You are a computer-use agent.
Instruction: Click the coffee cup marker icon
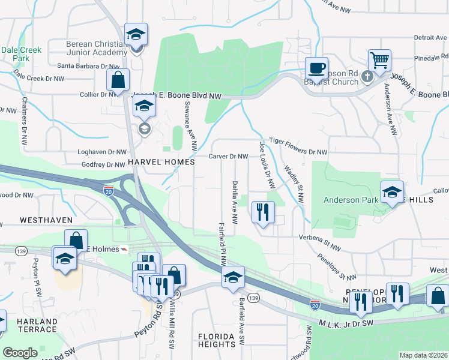point(316,67)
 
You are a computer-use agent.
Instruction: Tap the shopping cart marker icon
point(379,60)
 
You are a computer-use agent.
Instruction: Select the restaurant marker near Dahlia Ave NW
point(262,212)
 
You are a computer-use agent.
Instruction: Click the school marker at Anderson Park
point(391,192)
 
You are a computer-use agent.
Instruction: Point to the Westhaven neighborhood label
point(46,220)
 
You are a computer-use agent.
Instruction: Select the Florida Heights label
point(217,340)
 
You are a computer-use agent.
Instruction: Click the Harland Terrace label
point(37,325)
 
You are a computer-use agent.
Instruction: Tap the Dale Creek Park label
point(16,54)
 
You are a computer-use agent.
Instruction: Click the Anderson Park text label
point(349,200)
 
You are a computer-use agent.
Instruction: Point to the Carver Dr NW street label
point(228,157)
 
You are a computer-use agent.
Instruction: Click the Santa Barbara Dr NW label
point(89,66)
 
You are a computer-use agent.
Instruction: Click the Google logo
point(20,353)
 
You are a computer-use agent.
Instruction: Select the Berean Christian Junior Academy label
point(97,48)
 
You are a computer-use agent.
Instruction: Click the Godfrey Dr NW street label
point(102,164)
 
